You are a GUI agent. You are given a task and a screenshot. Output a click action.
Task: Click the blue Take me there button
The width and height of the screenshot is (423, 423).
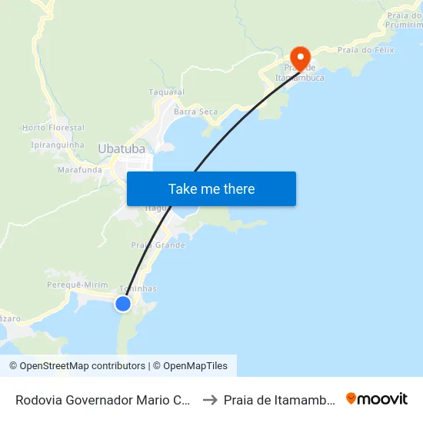[x=211, y=188]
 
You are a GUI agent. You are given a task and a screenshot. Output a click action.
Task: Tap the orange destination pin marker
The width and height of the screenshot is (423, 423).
[x=298, y=57]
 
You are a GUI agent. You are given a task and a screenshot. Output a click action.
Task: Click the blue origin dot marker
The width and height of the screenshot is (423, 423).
[x=123, y=304]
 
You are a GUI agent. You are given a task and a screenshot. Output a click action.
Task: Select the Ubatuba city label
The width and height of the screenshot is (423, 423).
[x=122, y=148]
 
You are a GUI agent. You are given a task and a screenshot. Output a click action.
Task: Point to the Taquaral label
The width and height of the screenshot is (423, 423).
[x=166, y=92]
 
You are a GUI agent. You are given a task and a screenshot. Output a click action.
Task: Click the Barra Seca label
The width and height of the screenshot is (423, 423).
[x=195, y=112]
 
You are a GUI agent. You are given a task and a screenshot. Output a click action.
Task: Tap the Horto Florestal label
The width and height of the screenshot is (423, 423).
[x=53, y=127]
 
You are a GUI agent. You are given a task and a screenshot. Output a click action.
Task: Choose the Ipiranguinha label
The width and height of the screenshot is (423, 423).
[x=57, y=145]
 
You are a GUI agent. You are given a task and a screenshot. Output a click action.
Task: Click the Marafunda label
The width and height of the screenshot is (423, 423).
[x=79, y=169]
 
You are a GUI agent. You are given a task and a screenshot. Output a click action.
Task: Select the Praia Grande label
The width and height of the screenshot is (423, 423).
[x=158, y=245]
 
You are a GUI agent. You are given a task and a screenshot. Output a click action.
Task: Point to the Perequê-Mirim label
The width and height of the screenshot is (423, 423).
[x=77, y=285]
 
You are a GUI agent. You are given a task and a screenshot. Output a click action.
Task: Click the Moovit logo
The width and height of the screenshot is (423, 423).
[x=377, y=398]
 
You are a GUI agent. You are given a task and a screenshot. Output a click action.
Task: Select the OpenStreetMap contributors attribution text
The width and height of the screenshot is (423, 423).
[x=77, y=366]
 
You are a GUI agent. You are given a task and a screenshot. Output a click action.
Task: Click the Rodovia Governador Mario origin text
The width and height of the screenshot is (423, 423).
[x=104, y=399]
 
